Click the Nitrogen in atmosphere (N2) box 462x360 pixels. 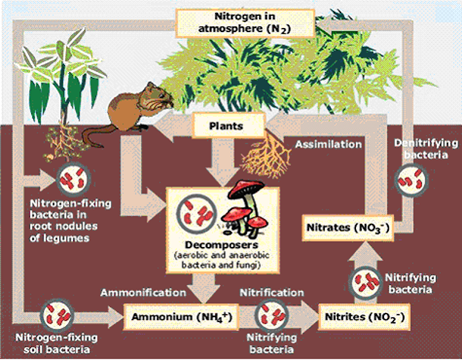click(x=245, y=23)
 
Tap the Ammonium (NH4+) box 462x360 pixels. click(x=181, y=317)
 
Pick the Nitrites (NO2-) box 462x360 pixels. click(x=364, y=317)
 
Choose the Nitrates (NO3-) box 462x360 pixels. click(x=348, y=228)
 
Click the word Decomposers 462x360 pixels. click(x=222, y=244)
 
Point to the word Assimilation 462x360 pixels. click(x=328, y=144)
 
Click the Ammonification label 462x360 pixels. click(x=143, y=292)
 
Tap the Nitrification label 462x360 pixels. click(x=271, y=292)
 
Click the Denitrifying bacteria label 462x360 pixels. click(x=426, y=149)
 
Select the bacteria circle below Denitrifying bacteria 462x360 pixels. click(x=411, y=180)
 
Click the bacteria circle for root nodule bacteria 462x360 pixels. click(x=73, y=179)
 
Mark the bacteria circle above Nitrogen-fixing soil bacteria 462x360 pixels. click(x=57, y=316)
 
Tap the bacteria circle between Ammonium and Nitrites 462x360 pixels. click(x=271, y=316)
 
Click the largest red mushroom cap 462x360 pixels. click(x=247, y=188)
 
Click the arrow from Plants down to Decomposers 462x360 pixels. click(x=223, y=162)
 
